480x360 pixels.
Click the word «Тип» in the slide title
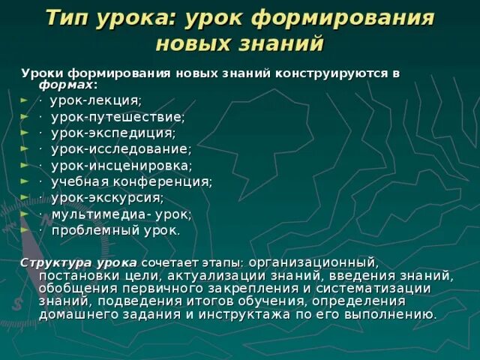pyautogui.click(x=68, y=18)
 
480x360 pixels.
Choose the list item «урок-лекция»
pyautogui.click(x=95, y=100)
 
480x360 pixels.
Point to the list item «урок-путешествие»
pyautogui.click(x=118, y=117)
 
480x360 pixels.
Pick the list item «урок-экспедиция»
pyautogui.click(x=113, y=133)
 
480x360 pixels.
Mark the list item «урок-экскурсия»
pyautogui.click(x=107, y=197)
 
